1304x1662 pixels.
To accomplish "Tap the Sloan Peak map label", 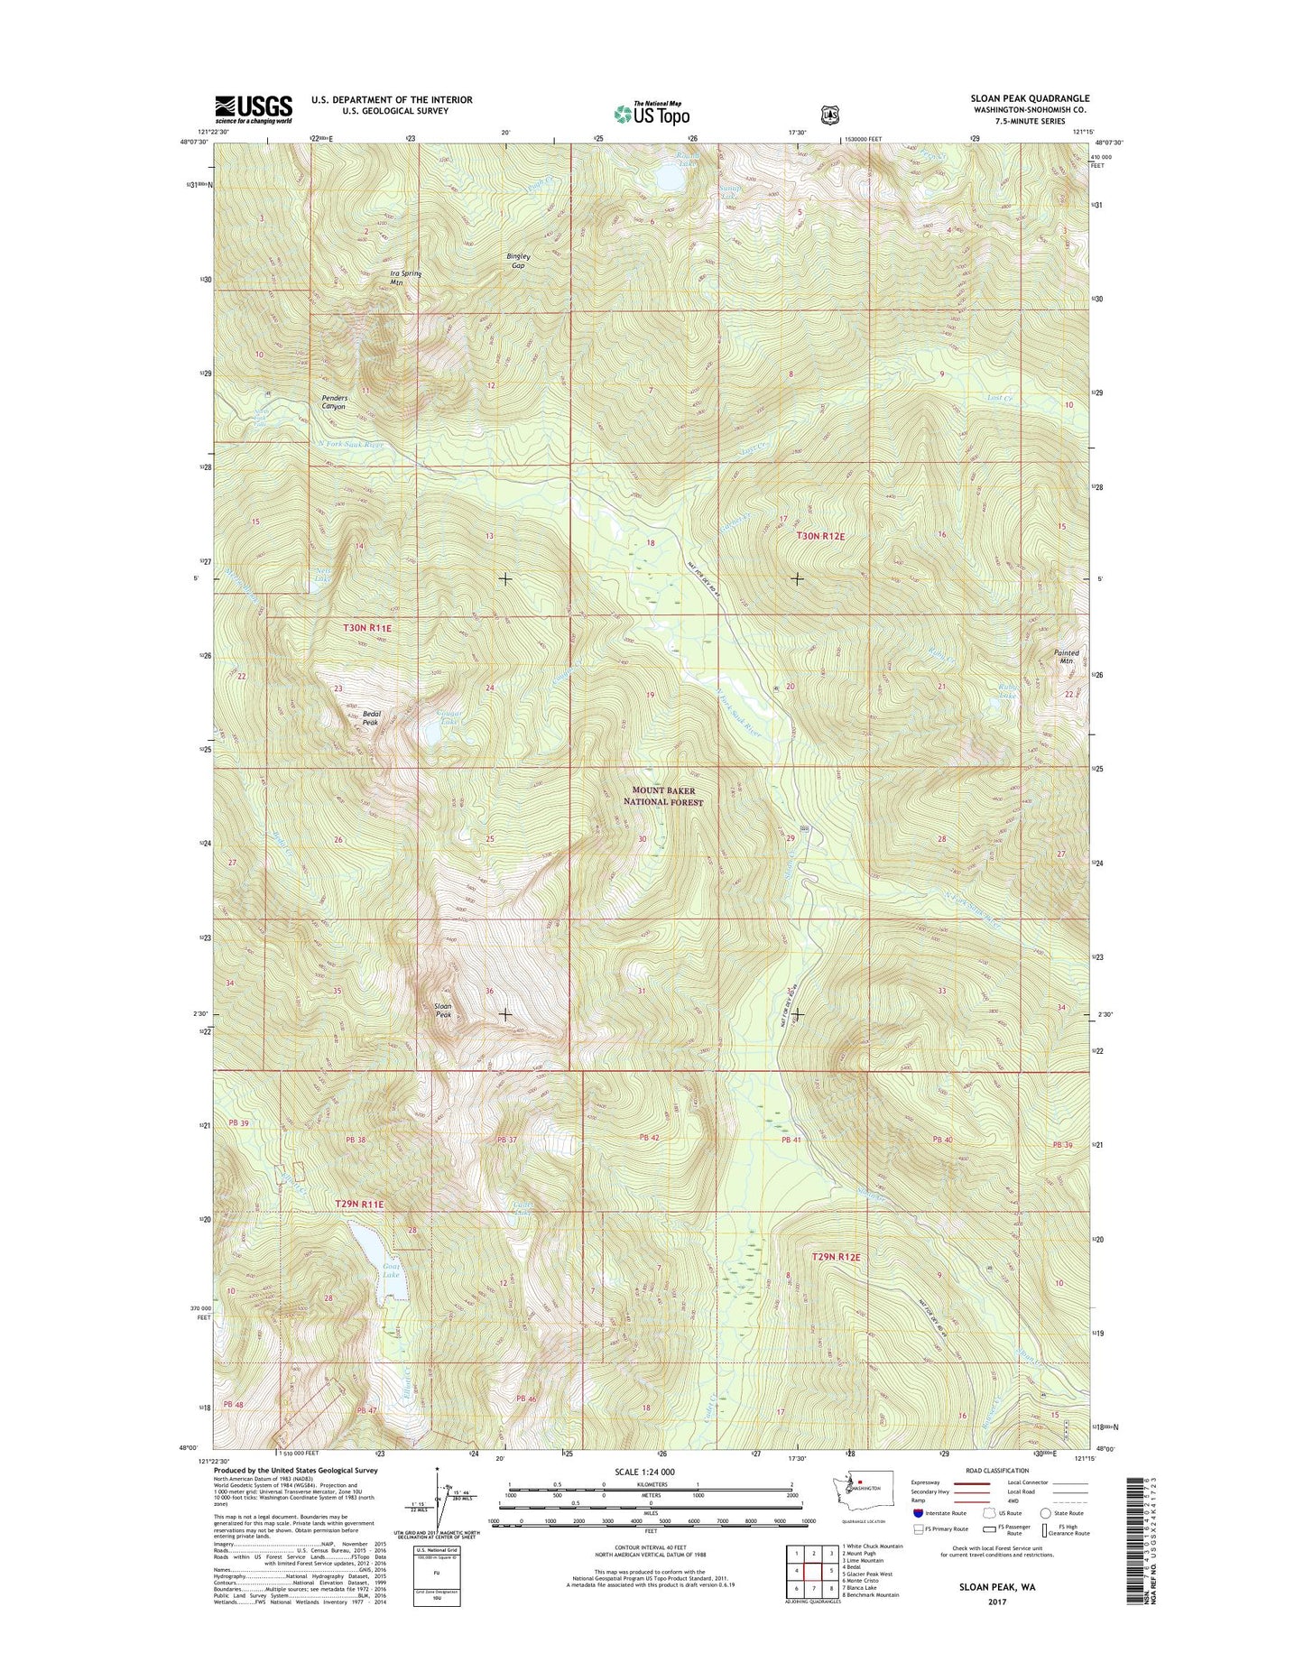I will pyautogui.click(x=443, y=1010).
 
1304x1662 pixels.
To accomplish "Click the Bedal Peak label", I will pyautogui.click(x=371, y=718).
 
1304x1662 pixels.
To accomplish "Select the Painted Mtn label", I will pyautogui.click(x=1066, y=656).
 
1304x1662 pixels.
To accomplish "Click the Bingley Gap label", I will pyautogui.click(x=518, y=261).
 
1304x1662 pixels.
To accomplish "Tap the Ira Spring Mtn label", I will pyautogui.click(x=405, y=278).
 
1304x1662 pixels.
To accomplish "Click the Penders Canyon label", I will pyautogui.click(x=333, y=402).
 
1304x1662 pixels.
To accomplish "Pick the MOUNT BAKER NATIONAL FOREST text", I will pyautogui.click(x=663, y=796).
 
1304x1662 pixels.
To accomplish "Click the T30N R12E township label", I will pyautogui.click(x=820, y=536).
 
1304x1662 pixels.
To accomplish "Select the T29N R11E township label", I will pyautogui.click(x=359, y=1204).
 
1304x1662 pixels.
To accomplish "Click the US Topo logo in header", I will pyautogui.click(x=652, y=113).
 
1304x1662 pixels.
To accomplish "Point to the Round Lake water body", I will pyautogui.click(x=670, y=180).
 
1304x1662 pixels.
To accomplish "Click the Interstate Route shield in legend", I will pyautogui.click(x=919, y=1513).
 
